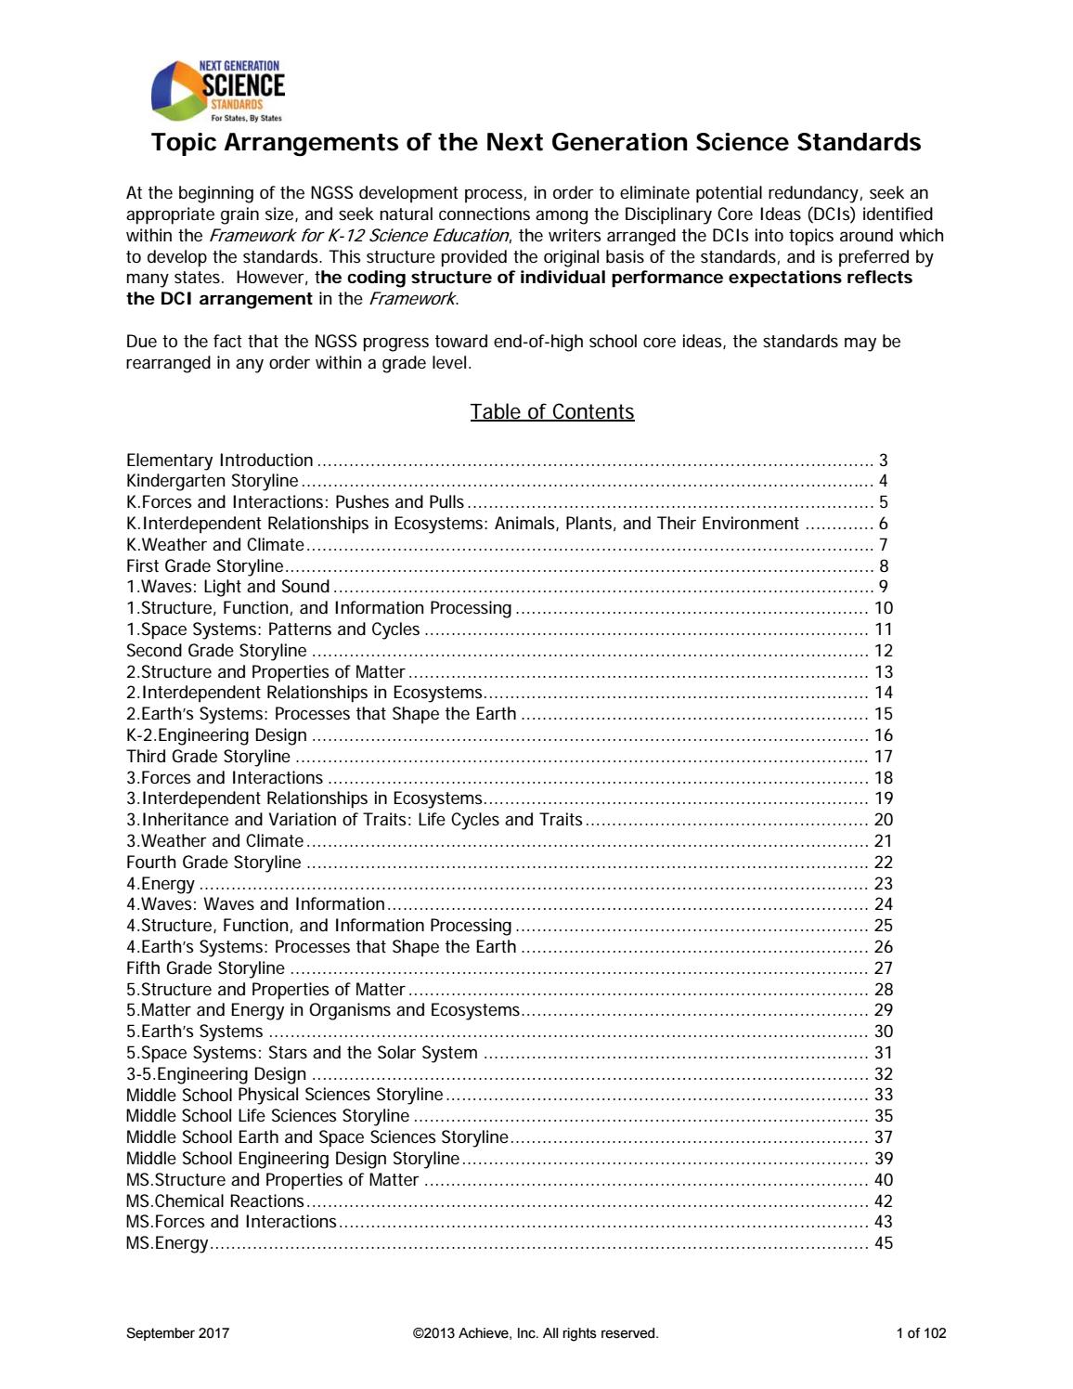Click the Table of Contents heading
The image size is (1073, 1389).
[551, 411]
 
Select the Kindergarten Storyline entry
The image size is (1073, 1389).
[213, 481]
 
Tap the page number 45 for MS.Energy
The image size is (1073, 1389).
[883, 1243]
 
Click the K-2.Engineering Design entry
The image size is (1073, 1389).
[216, 735]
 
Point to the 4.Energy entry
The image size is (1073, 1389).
[161, 884]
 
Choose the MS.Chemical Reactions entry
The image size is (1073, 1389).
[214, 1201]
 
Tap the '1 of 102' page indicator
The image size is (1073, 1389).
[921, 1334]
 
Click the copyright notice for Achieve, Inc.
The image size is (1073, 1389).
[536, 1334]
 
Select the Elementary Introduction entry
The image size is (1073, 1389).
[220, 461]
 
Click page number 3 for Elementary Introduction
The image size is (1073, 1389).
[884, 461]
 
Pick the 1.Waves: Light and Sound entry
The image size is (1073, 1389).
[228, 587]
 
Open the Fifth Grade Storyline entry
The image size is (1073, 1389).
[205, 968]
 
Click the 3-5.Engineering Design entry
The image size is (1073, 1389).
[216, 1074]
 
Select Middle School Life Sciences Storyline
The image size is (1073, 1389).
[267, 1116]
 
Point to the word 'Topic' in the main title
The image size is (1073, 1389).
[184, 143]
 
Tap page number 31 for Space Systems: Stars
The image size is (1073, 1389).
[883, 1053]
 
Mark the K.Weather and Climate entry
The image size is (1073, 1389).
[215, 545]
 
